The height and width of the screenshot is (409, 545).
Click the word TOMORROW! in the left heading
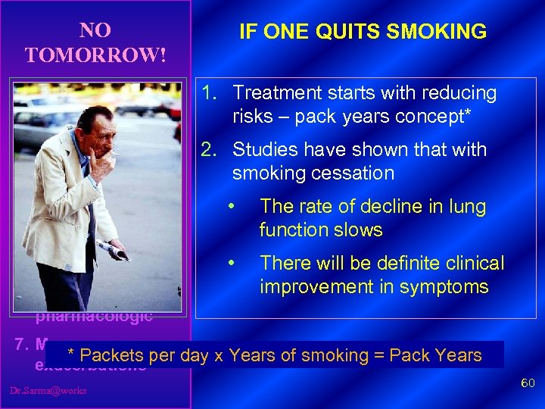tap(95, 56)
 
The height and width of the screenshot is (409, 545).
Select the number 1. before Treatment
tap(210, 93)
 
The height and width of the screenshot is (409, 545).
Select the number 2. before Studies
tap(210, 150)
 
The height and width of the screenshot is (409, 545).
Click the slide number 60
tap(528, 385)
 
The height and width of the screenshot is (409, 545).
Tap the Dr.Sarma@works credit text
tap(48, 391)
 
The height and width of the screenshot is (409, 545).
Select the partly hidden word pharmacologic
tap(94, 316)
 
